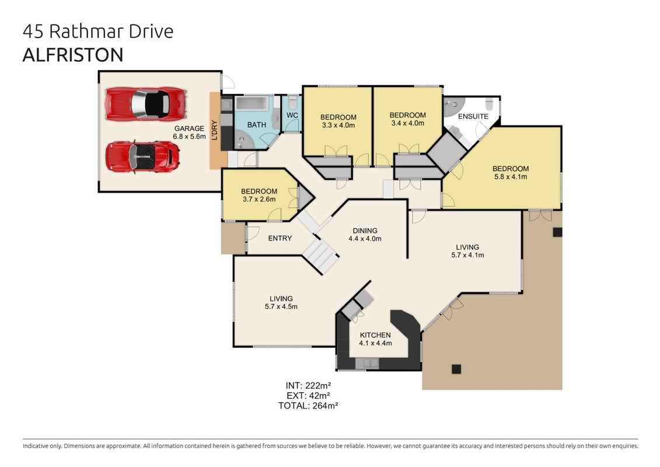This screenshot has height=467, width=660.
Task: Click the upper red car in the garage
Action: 146,104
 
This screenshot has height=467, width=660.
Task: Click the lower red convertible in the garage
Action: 143,156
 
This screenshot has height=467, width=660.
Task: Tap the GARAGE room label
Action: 189,128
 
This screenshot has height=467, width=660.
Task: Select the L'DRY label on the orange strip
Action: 215,130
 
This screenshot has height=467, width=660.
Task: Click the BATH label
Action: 256,125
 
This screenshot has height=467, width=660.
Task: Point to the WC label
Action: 292,116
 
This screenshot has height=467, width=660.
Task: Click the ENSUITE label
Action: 473,116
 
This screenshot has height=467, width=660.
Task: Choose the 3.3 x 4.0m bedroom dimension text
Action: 338,126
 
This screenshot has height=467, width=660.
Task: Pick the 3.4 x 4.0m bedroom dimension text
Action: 407,123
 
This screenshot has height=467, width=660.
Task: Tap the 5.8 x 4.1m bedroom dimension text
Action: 511,177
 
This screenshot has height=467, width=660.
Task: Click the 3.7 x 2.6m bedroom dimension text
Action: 259,199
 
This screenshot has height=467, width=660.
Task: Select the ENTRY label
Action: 280,238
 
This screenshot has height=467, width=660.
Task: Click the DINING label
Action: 365,231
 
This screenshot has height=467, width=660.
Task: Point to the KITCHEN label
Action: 375,335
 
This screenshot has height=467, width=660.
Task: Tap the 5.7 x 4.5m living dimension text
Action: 281,306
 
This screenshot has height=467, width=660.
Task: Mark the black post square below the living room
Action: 456,369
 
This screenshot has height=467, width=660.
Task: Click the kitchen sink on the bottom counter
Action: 367,363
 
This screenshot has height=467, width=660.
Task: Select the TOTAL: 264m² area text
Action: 309,406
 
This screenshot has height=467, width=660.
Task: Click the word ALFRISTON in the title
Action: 73,55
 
